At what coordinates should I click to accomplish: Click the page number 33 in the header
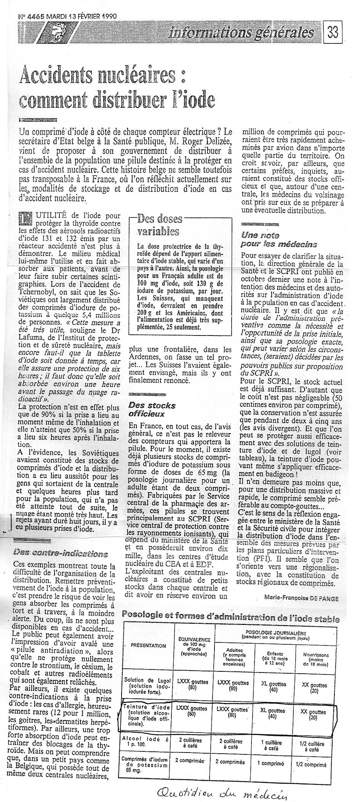pyautogui.click(x=333, y=33)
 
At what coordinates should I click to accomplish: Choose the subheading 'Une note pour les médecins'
pyautogui.click(x=278, y=240)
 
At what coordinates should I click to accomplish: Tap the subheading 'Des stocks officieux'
pyautogui.click(x=152, y=409)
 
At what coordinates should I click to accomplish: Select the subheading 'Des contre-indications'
pyautogui.click(x=60, y=553)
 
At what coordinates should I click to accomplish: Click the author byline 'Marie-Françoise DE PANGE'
pyautogui.click(x=301, y=598)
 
